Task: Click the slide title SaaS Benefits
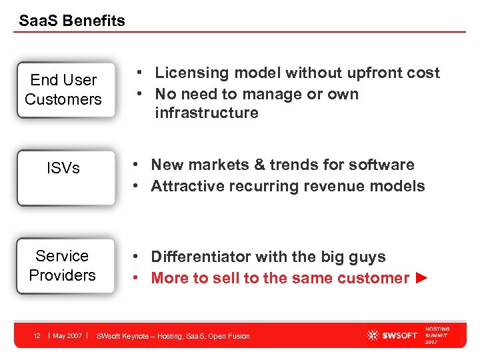pyautogui.click(x=72, y=21)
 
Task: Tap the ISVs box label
pyautogui.click(x=63, y=169)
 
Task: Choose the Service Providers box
pyautogui.click(x=63, y=265)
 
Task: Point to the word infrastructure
pyautogui.click(x=206, y=113)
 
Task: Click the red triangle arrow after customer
pyautogui.click(x=420, y=278)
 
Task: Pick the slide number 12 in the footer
pyautogui.click(x=37, y=335)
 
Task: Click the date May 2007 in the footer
pyautogui.click(x=67, y=335)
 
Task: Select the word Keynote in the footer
pyautogui.click(x=137, y=336)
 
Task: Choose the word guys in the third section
pyautogui.click(x=367, y=257)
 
